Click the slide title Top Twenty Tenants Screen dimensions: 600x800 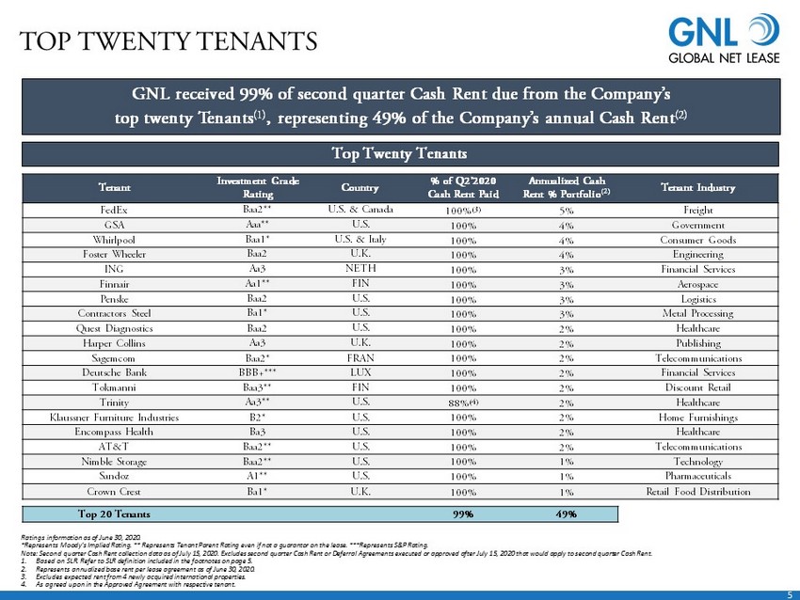click(x=169, y=42)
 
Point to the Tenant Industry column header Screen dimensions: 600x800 click(x=697, y=186)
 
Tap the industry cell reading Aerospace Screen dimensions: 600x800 click(x=697, y=284)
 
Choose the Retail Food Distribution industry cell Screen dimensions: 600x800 click(x=697, y=490)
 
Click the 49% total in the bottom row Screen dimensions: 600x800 click(x=567, y=514)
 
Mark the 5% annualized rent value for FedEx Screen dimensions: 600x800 click(x=567, y=211)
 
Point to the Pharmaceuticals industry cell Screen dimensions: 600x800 click(x=697, y=475)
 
